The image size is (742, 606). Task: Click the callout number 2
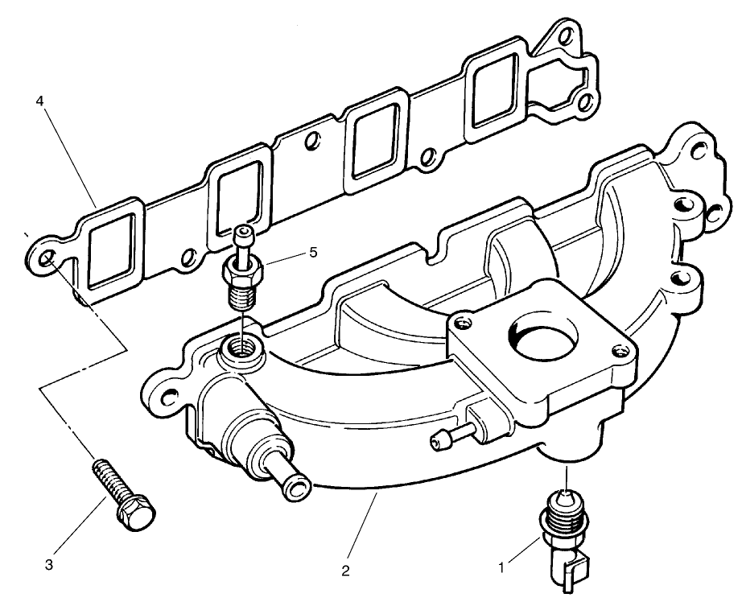[345, 572]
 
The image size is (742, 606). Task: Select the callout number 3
[49, 565]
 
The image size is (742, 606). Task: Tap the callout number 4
[39, 101]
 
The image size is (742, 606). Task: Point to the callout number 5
[312, 252]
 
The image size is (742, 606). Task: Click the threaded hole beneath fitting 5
[237, 348]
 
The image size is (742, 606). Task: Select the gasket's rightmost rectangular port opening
[495, 93]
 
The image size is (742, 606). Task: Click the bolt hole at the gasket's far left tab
[47, 258]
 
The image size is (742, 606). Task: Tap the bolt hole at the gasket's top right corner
[569, 39]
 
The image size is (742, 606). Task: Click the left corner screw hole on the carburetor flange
[461, 325]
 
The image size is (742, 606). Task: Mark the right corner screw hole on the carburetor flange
[618, 348]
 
